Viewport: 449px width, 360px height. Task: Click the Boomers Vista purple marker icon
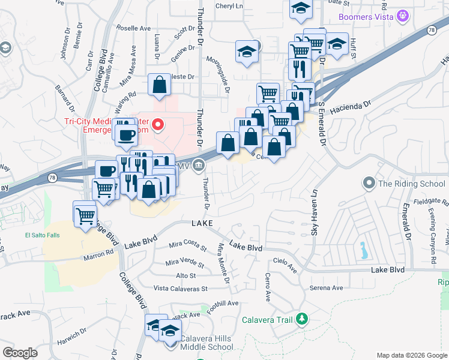(x=403, y=16)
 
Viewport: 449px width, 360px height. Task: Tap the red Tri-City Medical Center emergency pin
(x=158, y=125)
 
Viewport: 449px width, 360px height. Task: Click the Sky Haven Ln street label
(x=314, y=212)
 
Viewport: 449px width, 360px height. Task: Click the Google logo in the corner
(x=20, y=352)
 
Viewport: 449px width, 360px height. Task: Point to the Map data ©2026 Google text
(x=412, y=355)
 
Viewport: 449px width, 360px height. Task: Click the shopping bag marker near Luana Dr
(x=160, y=84)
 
